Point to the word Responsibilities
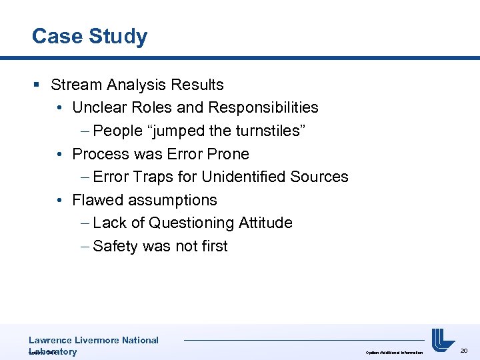pos(263,107)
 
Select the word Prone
pos(227,154)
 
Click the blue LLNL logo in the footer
pos(442,340)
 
